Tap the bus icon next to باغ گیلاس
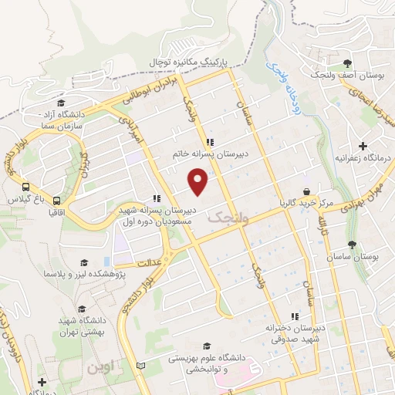(26, 187)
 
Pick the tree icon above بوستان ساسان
(352, 245)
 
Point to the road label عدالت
(153, 262)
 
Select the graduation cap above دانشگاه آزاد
(60, 103)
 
